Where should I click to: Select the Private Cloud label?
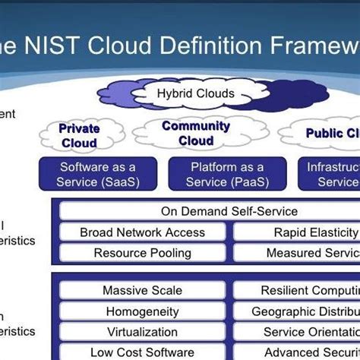[x=79, y=135]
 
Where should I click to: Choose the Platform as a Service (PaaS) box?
[x=228, y=174]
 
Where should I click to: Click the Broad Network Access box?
[x=143, y=232]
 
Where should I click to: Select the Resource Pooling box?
[x=143, y=252]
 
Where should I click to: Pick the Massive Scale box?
[x=143, y=290]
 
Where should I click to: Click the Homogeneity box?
[x=143, y=311]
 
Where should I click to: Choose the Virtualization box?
[x=143, y=332]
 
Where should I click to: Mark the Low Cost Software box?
[x=143, y=352]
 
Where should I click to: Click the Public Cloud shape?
[x=327, y=134]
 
